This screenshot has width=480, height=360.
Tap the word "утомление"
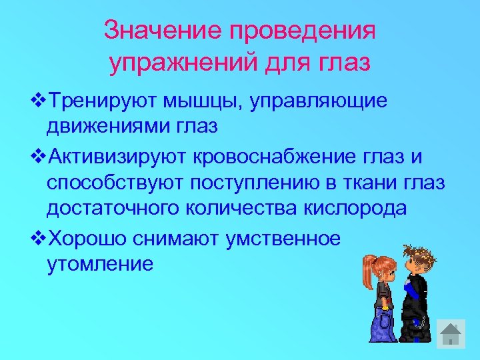pyautogui.click(x=100, y=264)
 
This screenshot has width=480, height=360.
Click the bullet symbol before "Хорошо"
pyautogui.click(x=39, y=238)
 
